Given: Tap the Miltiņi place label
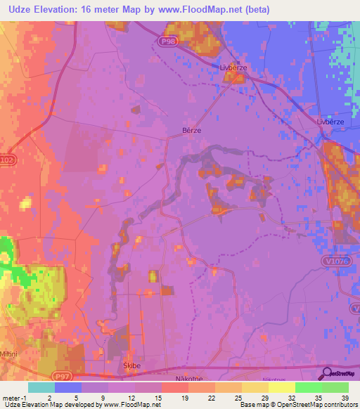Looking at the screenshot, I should tap(12, 353).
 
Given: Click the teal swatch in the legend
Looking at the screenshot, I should tap(41, 387).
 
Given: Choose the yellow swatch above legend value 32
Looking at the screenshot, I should tap(281, 387).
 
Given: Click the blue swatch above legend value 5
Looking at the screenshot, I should tap(68, 387).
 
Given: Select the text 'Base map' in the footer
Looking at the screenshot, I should tap(251, 405).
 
